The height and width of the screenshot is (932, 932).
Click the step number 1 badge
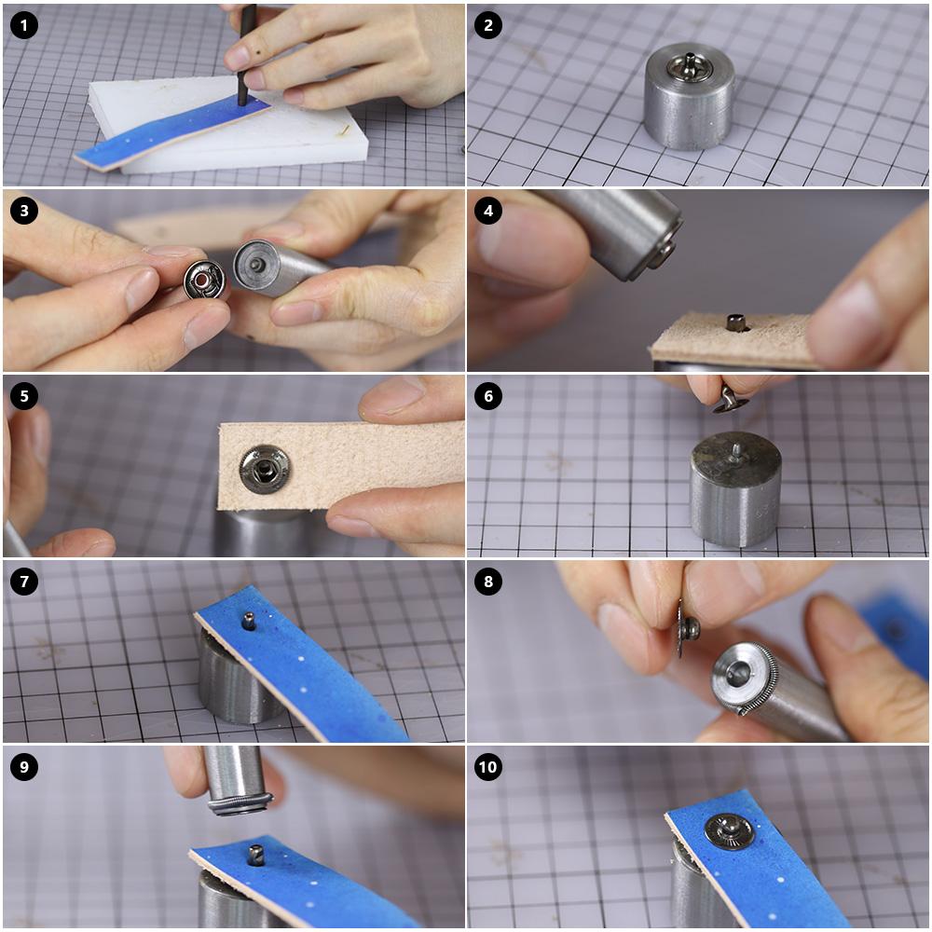pos(24,25)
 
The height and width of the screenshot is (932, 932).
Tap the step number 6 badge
pos(488,396)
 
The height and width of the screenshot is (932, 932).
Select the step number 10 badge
pos(488,767)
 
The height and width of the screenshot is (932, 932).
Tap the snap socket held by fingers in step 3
pos(204,279)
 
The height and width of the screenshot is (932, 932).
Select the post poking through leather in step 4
pos(736,322)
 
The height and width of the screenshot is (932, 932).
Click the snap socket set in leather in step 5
pos(265,470)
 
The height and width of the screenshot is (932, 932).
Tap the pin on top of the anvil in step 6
pos(736,452)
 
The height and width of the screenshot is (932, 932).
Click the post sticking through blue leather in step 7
pos(249,621)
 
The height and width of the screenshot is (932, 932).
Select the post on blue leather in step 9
pos(256,855)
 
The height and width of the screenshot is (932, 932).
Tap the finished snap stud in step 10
pos(730,831)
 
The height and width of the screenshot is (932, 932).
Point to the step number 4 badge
pos(488,211)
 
